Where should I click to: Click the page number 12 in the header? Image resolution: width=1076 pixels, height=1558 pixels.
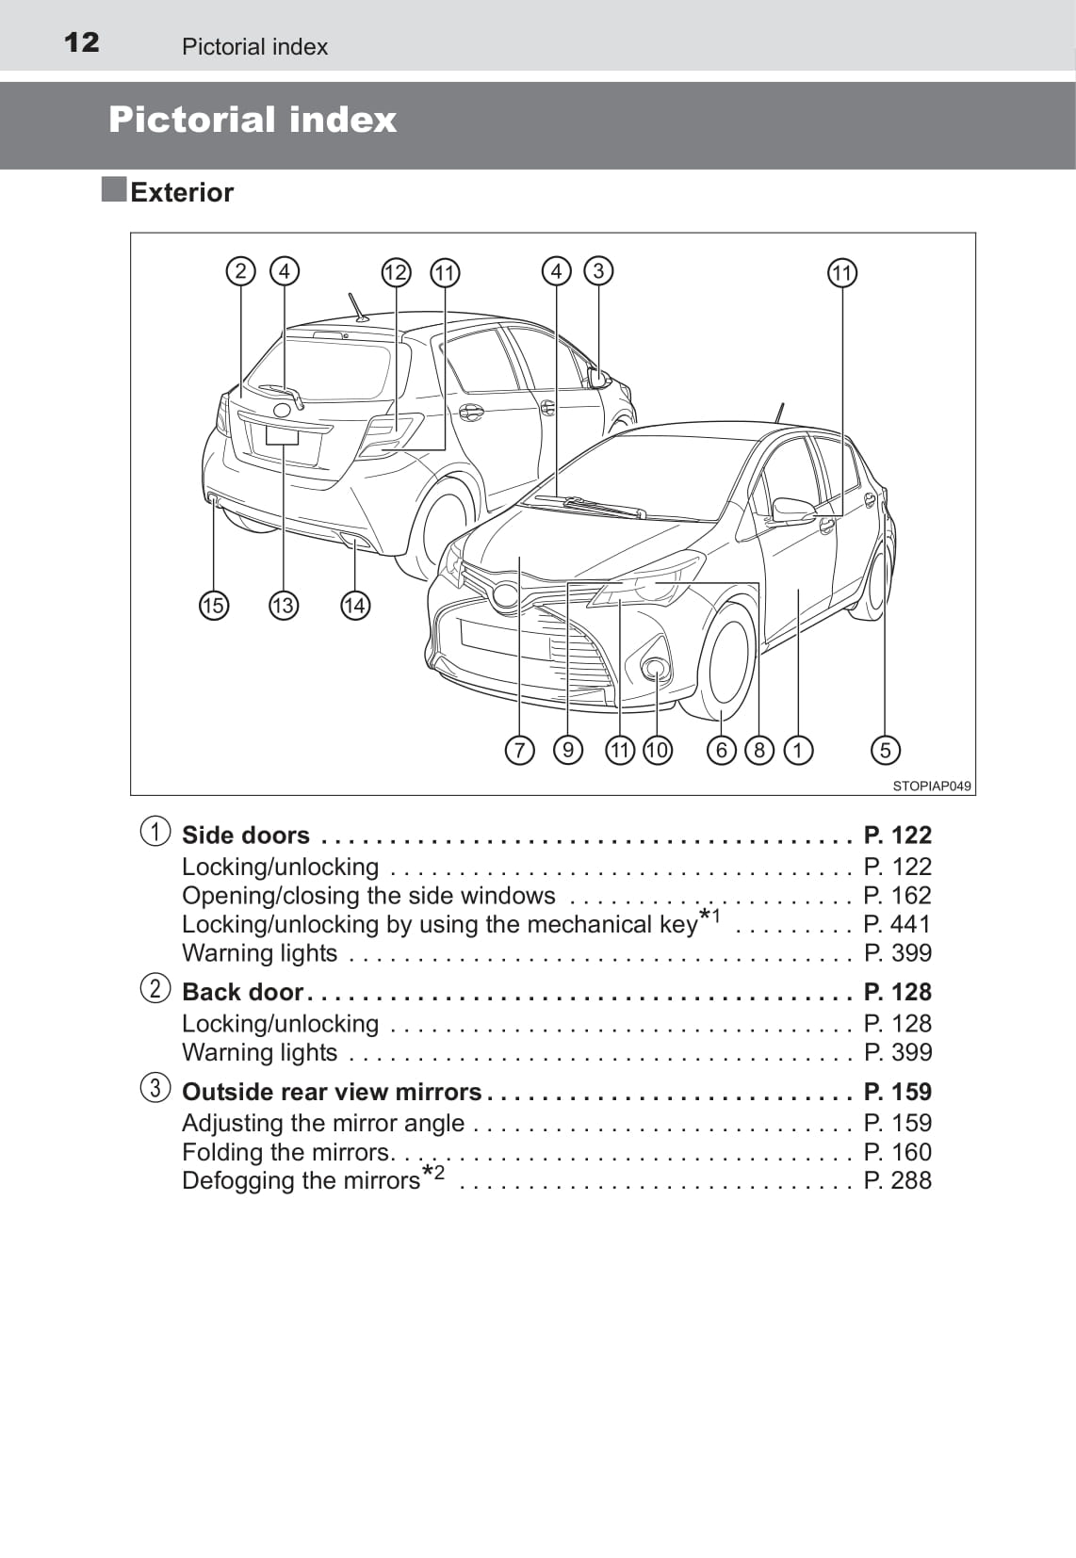point(81,42)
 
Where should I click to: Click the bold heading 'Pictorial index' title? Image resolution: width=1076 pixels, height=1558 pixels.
point(253,120)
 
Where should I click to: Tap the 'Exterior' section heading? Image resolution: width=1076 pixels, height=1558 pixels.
point(181,192)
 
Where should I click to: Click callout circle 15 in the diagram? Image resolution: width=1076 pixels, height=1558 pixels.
point(214,605)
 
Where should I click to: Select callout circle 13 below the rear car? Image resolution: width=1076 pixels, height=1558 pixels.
point(283,605)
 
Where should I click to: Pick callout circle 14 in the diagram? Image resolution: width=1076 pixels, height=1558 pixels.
point(354,605)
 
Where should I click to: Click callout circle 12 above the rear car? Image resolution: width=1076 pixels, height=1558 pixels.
point(396,272)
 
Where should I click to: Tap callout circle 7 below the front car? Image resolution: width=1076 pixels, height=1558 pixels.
point(519,750)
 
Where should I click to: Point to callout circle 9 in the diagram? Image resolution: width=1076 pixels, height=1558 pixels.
point(567,750)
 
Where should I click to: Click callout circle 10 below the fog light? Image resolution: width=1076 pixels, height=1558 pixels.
point(657,750)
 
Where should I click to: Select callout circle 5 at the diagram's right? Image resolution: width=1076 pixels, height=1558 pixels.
point(885,750)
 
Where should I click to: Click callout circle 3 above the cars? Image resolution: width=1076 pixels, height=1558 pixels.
point(598,271)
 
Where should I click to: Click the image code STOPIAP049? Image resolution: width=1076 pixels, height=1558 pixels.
point(931,786)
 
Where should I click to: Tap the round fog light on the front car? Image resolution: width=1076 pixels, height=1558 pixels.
point(655,669)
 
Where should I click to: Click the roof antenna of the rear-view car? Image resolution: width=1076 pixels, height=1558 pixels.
point(357,308)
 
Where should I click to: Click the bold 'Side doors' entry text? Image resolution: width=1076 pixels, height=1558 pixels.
point(245,836)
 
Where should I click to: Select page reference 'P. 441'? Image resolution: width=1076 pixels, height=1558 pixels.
point(897,924)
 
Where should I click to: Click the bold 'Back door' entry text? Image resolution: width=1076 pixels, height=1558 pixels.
point(242,992)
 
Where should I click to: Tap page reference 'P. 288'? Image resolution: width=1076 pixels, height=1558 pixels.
point(897,1180)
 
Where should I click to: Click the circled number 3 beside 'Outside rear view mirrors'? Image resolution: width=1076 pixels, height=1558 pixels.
point(155,1089)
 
